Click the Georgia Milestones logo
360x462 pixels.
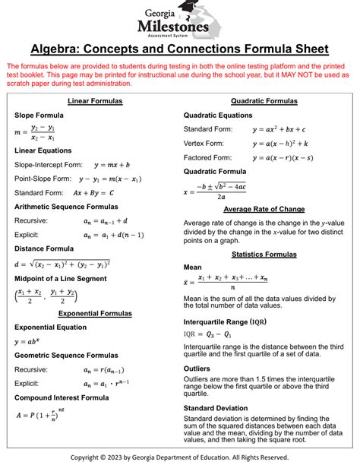click(180, 19)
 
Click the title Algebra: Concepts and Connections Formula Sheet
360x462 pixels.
click(180, 49)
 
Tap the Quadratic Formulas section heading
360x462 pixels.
click(264, 101)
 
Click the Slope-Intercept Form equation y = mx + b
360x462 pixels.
click(112, 165)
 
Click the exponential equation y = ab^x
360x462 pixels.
click(29, 342)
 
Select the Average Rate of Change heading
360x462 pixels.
click(264, 210)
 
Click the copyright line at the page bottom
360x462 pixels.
click(180, 457)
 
